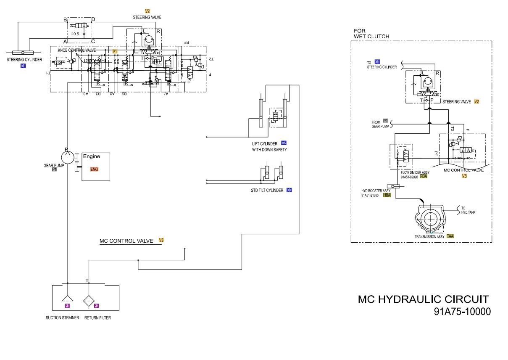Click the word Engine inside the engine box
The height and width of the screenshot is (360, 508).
tap(91, 156)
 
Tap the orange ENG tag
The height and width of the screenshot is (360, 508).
tap(94, 169)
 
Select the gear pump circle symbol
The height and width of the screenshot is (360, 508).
tap(67, 157)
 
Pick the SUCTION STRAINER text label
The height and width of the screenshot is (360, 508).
tap(62, 318)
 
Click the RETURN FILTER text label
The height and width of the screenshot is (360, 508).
tap(97, 318)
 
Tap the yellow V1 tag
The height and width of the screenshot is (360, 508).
tap(115, 51)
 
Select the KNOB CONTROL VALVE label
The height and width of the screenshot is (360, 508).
tap(77, 50)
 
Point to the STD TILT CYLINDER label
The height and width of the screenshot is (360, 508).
tap(267, 191)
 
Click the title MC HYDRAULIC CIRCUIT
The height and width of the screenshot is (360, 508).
tap(423, 299)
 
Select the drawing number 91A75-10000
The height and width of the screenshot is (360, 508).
tap(462, 312)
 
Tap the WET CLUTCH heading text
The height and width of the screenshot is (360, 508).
tap(371, 37)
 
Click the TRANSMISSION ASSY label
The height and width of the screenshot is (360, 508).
tap(429, 237)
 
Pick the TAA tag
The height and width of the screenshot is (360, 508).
tap(450, 236)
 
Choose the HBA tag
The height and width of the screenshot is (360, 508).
tap(387, 196)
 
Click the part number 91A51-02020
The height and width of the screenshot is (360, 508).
tap(409, 177)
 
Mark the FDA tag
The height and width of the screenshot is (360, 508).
tap(424, 177)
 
